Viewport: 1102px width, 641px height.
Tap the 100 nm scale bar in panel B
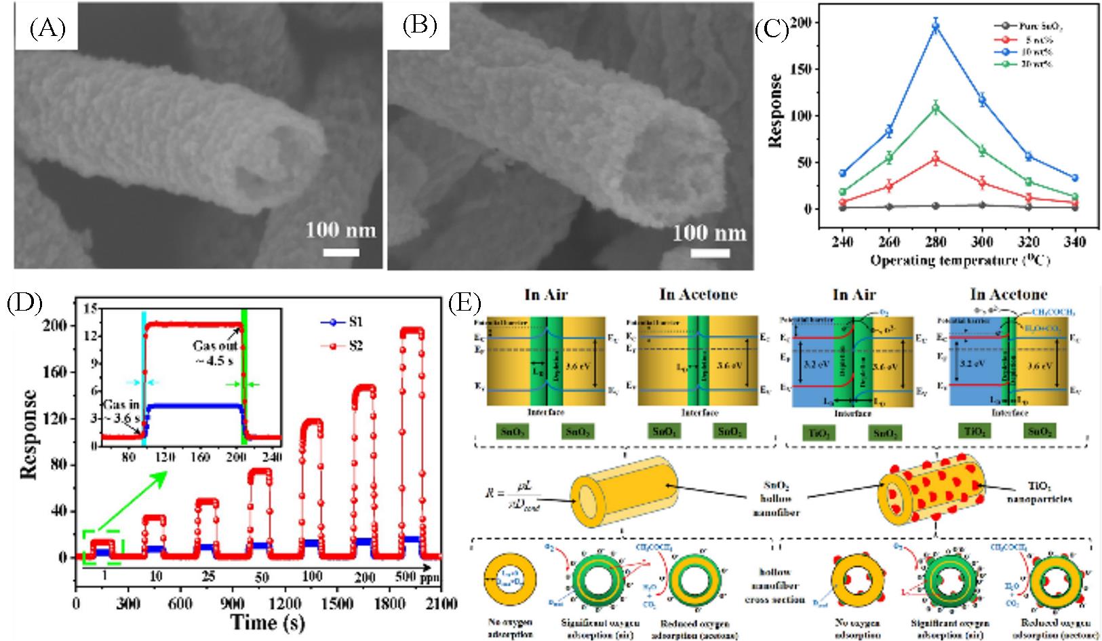(709, 252)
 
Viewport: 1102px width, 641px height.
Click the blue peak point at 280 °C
(936, 26)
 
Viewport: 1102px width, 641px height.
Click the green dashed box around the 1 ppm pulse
(102, 547)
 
